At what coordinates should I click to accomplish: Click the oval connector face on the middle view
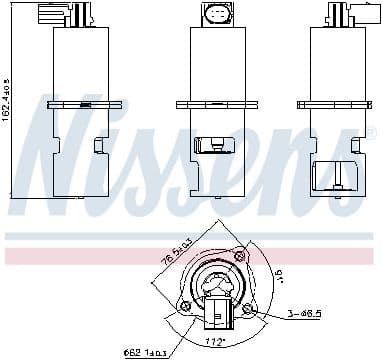tap(216, 15)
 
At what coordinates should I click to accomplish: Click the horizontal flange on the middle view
tap(217, 103)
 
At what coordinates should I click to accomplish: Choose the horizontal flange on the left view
tap(84, 103)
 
